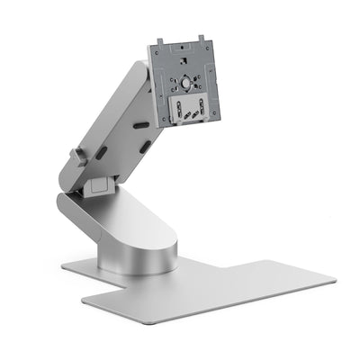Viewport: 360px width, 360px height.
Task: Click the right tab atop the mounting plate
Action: coord(202,39)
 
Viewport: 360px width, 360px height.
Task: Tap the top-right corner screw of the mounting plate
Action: coord(209,48)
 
